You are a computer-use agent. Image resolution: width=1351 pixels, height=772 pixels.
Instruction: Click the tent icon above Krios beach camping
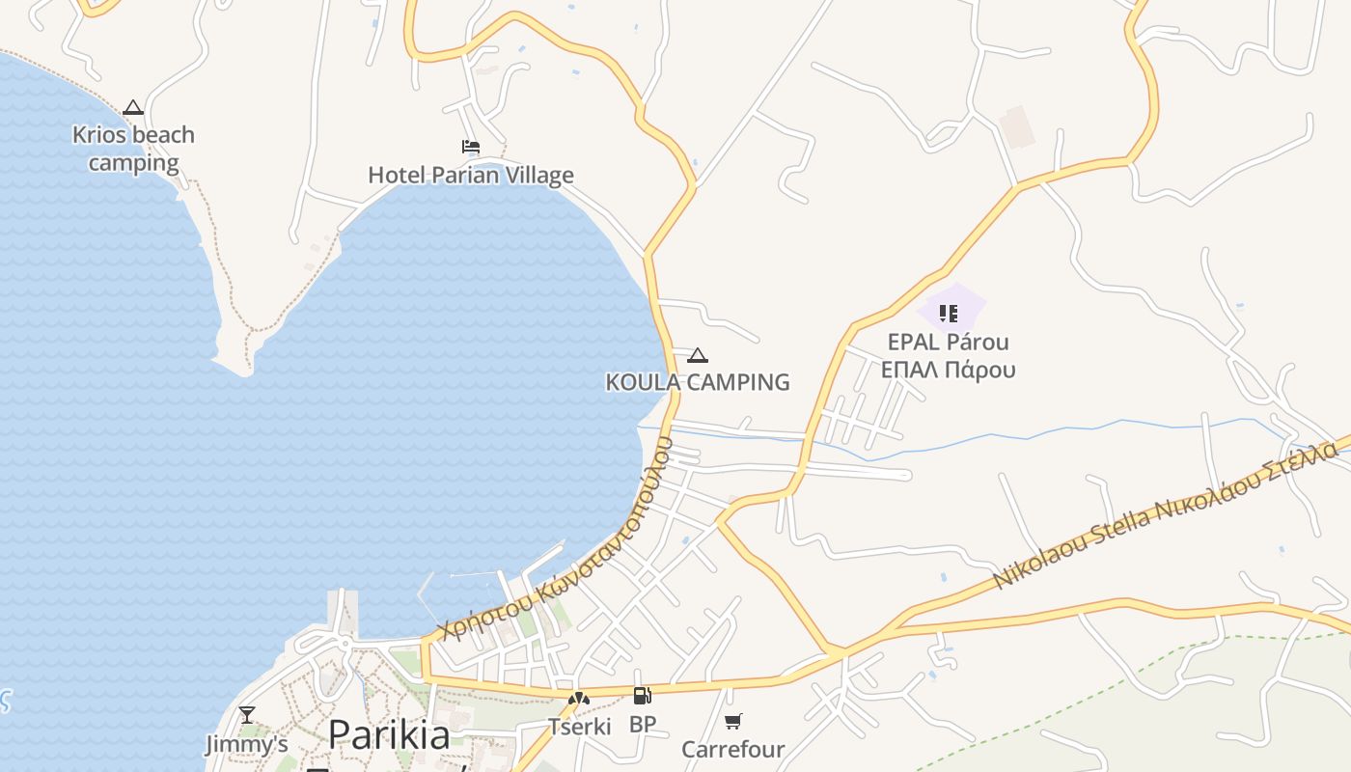133,108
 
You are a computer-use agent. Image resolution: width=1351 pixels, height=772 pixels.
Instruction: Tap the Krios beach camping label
133,149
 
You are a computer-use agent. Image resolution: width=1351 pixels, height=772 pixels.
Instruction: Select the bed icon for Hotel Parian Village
471,147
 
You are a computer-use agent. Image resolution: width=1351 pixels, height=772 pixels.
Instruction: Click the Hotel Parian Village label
471,175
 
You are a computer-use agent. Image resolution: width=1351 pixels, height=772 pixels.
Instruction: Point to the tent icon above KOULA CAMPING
698,356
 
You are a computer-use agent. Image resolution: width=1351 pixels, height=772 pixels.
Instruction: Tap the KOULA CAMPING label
698,382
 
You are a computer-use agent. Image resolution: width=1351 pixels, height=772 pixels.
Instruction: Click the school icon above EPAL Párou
949,313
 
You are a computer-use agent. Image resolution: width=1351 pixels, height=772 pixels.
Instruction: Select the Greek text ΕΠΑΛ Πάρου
949,370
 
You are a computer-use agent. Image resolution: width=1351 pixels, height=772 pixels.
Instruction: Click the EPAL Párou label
949,343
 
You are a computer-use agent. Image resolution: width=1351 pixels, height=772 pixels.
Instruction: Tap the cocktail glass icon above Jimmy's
247,715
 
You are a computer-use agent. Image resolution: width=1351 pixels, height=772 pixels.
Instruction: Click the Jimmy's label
247,744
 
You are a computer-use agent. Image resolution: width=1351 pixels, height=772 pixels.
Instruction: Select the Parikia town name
389,735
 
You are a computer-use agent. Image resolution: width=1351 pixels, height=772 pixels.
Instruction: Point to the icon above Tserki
579,699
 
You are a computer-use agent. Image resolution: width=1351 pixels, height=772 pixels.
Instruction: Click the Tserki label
579,726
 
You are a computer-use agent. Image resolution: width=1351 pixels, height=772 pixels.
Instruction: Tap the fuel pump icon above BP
642,696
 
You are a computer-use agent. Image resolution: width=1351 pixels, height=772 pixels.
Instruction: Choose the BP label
642,724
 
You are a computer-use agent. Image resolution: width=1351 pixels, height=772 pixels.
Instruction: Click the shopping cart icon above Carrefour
733,721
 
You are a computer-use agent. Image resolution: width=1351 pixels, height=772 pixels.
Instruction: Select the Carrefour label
733,749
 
